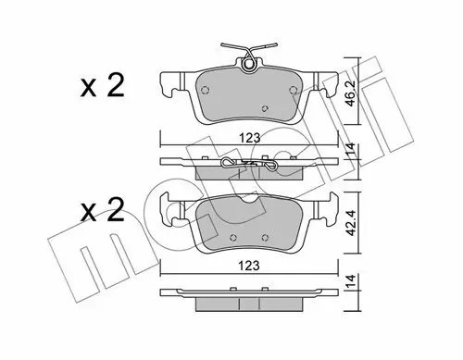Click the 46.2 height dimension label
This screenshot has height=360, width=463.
pyautogui.click(x=351, y=93)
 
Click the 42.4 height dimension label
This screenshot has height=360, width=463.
pyautogui.click(x=351, y=222)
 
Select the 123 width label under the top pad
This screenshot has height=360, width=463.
pyautogui.click(x=250, y=138)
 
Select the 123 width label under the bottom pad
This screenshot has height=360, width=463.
pyautogui.click(x=250, y=266)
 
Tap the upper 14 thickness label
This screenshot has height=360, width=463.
pyautogui.click(x=351, y=151)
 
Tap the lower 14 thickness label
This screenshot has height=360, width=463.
pyautogui.click(x=351, y=282)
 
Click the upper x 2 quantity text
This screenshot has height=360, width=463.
pyautogui.click(x=102, y=86)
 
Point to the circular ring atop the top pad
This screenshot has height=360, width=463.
pyautogui.click(x=248, y=64)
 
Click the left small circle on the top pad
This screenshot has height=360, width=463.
pyautogui.click(x=205, y=90)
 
